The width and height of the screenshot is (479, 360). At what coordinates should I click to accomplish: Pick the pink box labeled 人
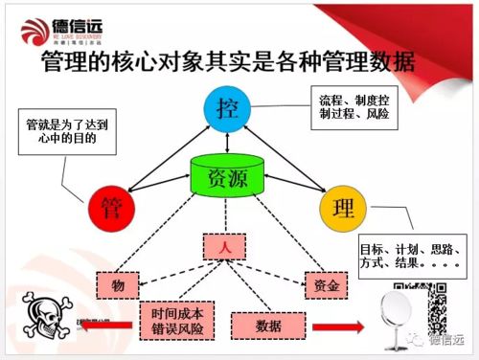click(226, 246)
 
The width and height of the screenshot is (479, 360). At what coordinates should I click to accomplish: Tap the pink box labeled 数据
click(268, 326)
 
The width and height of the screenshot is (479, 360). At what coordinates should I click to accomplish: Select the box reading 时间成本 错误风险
click(177, 320)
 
